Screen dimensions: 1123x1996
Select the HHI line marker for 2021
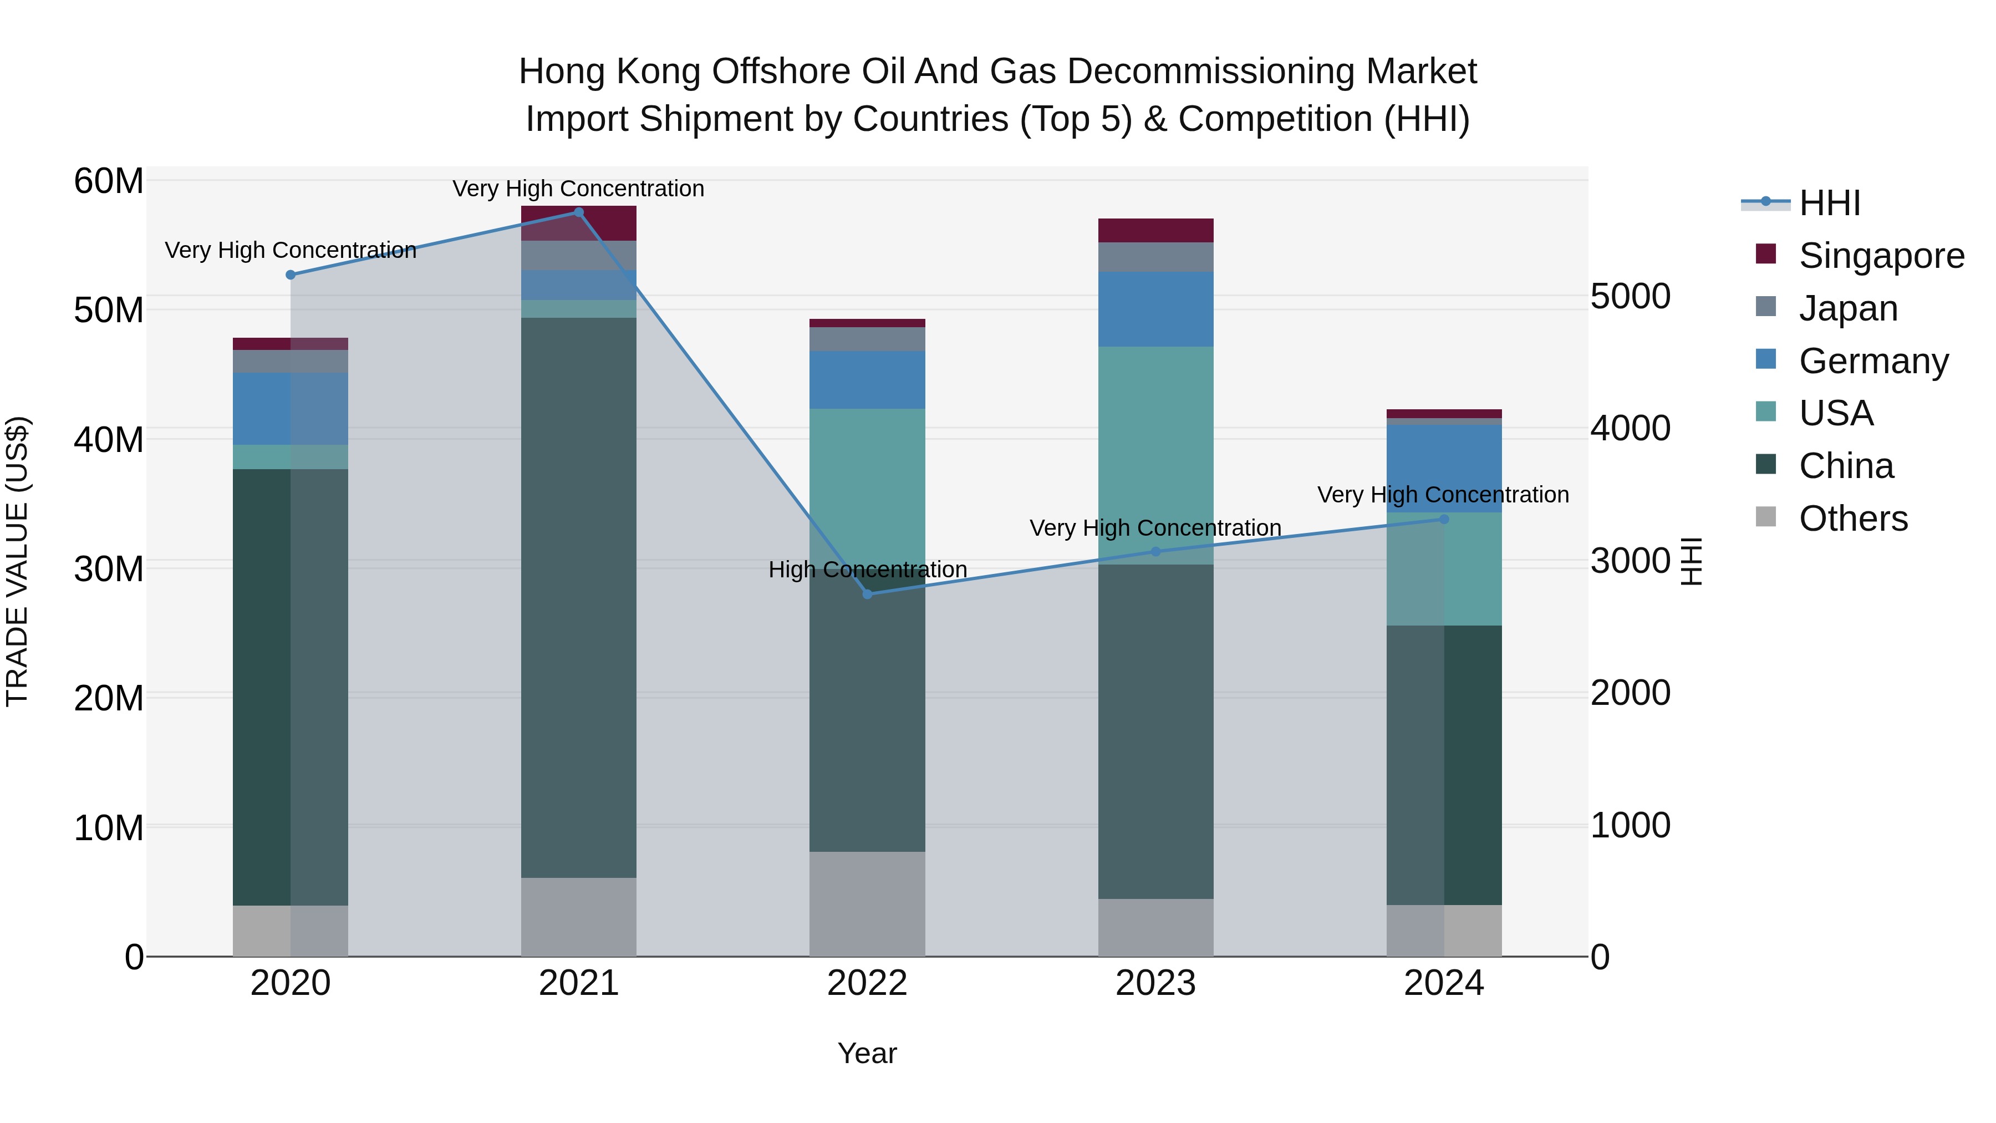tap(578, 212)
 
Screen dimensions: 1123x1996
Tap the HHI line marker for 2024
tap(1444, 519)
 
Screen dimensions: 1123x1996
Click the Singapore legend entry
tap(1881, 256)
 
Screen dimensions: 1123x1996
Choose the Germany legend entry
tap(1873, 361)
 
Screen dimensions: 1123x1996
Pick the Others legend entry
tap(1852, 519)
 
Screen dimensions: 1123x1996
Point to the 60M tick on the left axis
tap(109, 181)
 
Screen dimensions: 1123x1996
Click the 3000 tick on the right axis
tap(1630, 561)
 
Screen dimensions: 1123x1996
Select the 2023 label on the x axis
tap(1155, 983)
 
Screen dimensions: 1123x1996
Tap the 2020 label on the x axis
tap(291, 983)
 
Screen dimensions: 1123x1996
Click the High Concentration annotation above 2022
tap(867, 570)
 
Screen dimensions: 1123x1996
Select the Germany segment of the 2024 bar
tap(1444, 468)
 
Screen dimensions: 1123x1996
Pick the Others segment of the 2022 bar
tap(867, 904)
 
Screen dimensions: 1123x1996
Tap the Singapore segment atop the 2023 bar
tap(1155, 230)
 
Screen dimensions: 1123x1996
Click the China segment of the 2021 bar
tap(578, 597)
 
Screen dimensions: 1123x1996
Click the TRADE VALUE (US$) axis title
tap(17, 561)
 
